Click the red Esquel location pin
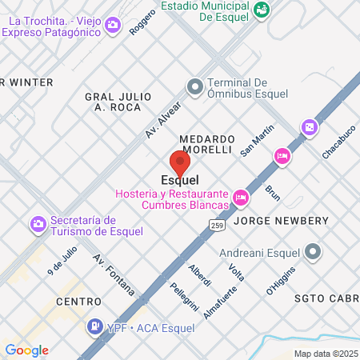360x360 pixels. tap(180, 162)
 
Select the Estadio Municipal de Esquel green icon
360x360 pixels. tap(262, 9)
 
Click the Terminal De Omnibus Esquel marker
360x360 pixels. tap(194, 85)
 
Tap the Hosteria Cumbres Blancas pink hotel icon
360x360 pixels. tap(240, 197)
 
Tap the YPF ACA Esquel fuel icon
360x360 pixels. tap(94, 326)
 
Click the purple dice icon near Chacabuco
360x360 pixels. tap(308, 127)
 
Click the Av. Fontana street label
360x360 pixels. tap(113, 276)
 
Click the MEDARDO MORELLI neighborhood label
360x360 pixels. tap(206, 144)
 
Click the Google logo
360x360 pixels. tap(26, 350)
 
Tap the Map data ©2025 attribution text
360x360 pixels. tap(325, 354)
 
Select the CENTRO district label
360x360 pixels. tap(79, 302)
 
